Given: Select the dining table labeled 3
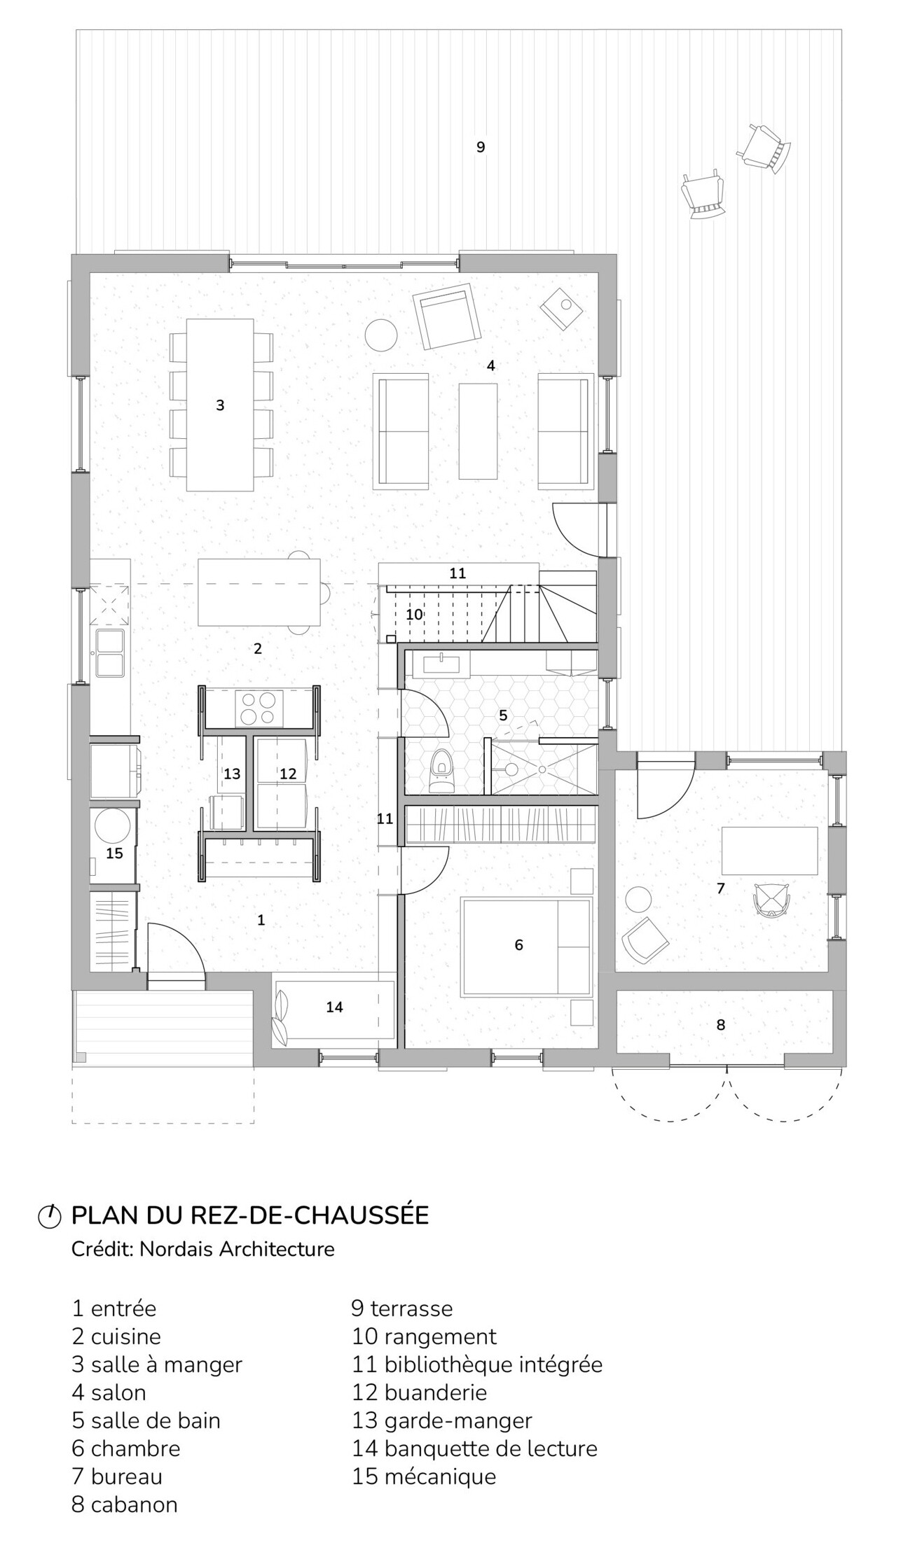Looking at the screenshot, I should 219,405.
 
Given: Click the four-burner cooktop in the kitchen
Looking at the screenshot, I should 258,707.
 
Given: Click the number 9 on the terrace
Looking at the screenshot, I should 481,147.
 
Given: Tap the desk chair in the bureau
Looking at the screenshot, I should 771,900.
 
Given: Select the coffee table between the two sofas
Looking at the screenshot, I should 479,431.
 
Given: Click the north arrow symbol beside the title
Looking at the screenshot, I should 49,1216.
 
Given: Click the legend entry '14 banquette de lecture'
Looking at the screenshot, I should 474,1448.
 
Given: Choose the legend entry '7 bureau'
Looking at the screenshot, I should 117,1476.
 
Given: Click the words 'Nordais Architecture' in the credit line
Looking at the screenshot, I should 237,1249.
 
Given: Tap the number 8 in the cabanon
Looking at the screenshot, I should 720,1025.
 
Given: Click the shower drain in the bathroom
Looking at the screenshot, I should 542,769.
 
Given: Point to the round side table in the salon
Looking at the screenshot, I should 382,335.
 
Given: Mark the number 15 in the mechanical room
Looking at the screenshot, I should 114,853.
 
